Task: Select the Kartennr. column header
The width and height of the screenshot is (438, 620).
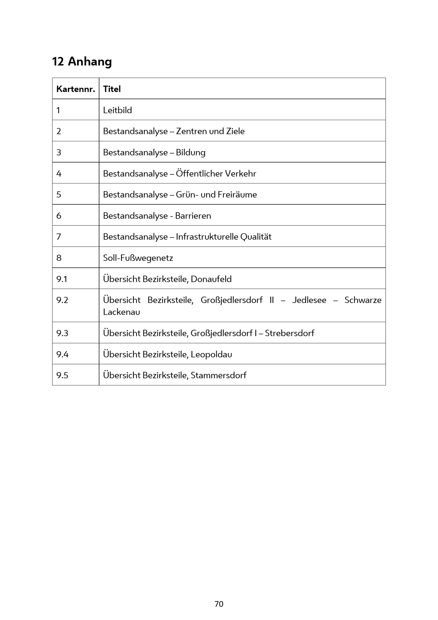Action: point(76,89)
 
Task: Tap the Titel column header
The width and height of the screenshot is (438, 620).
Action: point(112,89)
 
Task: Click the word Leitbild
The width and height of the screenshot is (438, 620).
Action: point(117,110)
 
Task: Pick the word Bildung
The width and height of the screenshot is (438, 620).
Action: point(191,152)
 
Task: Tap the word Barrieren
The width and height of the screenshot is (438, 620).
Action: point(193,216)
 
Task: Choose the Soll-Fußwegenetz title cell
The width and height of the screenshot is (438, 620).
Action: point(138,258)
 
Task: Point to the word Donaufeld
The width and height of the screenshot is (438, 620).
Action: point(211,279)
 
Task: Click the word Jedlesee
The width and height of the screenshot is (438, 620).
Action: point(309,300)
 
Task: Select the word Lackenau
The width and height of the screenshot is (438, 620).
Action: point(122,312)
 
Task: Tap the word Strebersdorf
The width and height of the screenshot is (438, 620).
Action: point(289,333)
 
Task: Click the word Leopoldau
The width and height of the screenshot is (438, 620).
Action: point(211,354)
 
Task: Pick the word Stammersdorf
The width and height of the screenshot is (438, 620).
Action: point(218,375)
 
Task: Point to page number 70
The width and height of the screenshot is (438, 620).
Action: point(219,604)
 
